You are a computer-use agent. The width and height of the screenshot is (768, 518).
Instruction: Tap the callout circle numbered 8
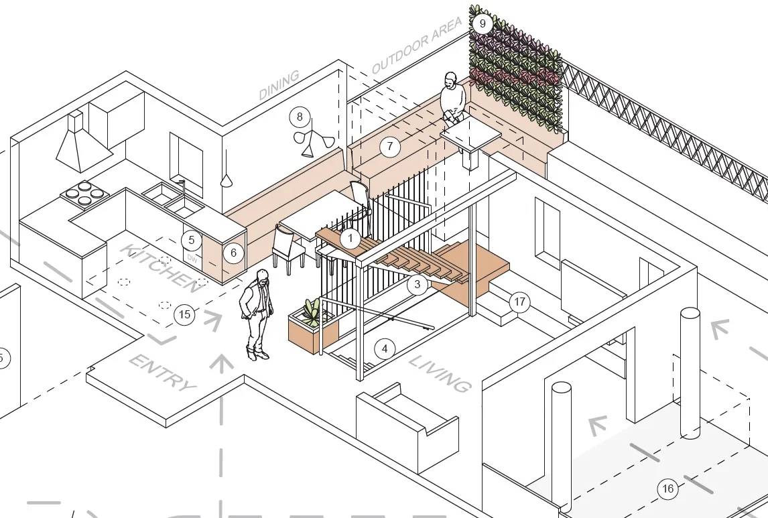(x=300, y=117)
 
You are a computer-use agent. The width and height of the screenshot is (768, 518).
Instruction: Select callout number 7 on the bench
(x=389, y=147)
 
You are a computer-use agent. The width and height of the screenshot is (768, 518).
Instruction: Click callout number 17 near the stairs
(x=519, y=302)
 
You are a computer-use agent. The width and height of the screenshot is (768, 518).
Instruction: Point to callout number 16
(x=667, y=489)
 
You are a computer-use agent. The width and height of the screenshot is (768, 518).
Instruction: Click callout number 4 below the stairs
(x=384, y=348)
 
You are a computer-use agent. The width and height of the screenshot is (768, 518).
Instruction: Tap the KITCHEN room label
(x=161, y=268)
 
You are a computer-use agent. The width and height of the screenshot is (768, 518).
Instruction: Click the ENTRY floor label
(x=163, y=373)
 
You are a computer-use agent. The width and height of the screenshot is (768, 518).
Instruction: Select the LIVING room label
(x=440, y=374)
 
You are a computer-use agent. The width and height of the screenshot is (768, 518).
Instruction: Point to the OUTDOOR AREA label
(x=417, y=46)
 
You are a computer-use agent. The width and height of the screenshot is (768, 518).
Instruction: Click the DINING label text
(x=279, y=85)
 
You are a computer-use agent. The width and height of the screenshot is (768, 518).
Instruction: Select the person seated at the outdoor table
(x=452, y=99)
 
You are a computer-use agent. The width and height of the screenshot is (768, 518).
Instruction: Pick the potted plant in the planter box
(x=311, y=312)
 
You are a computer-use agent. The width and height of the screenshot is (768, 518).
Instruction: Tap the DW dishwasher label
(x=192, y=258)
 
